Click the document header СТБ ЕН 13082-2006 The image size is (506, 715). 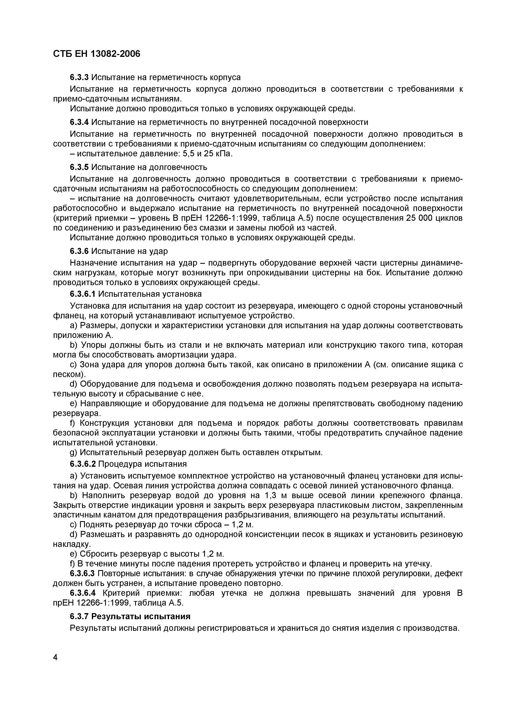tap(97, 54)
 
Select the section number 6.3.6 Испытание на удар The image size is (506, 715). tap(79, 251)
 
